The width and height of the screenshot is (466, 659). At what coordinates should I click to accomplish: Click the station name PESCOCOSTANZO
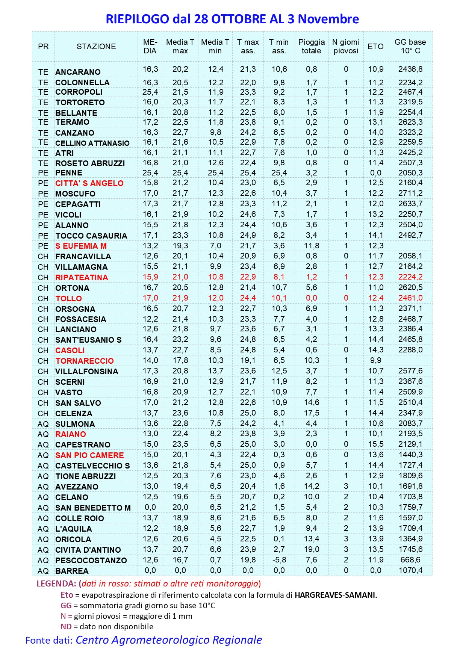point(91,561)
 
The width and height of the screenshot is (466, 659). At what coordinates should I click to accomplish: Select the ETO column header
point(375,47)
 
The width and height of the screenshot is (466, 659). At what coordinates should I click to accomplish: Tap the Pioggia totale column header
point(312,47)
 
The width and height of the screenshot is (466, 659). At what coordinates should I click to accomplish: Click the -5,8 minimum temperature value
point(279,560)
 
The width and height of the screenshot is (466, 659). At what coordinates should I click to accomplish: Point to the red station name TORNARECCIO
point(85,361)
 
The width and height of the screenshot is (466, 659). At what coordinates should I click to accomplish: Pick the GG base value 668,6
point(410,560)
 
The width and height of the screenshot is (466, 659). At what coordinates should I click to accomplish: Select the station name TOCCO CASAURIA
point(91,236)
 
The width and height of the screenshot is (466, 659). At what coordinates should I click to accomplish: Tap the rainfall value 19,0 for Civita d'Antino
point(312,549)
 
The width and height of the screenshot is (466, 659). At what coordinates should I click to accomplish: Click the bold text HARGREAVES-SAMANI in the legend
point(336,595)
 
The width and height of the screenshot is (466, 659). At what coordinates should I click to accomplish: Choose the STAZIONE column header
point(96,47)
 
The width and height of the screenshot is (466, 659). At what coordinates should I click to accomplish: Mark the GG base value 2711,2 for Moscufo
point(410,193)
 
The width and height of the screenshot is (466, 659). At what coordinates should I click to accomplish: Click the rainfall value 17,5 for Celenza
point(312,413)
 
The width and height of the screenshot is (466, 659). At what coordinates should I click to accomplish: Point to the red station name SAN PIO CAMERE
point(89,455)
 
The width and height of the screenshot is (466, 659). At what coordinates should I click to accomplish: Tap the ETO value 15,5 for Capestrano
point(375,444)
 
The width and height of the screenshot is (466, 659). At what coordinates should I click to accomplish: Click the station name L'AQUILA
point(73,529)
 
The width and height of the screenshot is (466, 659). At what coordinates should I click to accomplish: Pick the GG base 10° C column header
point(410,47)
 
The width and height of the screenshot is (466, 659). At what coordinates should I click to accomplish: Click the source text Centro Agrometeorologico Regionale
point(169,640)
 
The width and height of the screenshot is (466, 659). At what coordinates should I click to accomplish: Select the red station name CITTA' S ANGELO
point(89,183)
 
